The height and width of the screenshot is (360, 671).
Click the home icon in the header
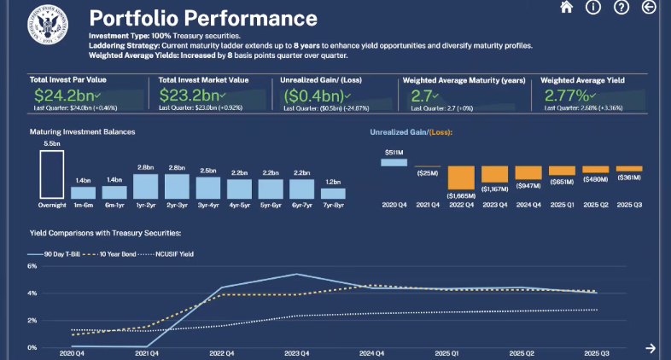[566, 8]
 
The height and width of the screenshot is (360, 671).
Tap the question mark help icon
[621, 8]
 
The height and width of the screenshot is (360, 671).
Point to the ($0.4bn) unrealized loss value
[312, 96]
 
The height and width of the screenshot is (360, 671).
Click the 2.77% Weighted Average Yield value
[568, 96]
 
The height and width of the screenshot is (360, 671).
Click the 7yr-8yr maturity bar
[332, 190]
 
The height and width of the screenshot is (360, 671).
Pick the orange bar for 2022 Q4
[463, 177]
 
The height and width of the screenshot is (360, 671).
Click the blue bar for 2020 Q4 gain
[394, 162]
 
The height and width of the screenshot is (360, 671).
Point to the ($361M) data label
[628, 178]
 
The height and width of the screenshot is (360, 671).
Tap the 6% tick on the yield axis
[32, 266]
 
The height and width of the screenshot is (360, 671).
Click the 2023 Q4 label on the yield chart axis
[295, 352]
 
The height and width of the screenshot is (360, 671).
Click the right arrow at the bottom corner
[651, 347]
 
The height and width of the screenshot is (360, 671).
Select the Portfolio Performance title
[202, 19]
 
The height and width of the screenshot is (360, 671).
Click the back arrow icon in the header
[649, 8]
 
